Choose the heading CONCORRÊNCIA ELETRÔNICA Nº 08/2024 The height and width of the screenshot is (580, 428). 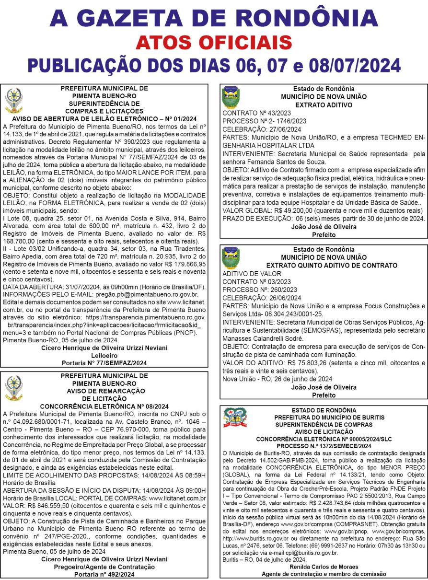click(104, 406)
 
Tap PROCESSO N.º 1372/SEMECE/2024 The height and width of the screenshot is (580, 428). click(324, 446)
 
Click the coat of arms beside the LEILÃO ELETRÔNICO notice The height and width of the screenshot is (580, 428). click(13, 100)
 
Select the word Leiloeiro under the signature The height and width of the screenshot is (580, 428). click(104, 356)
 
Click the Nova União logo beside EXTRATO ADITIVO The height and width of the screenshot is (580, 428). click(231, 97)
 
